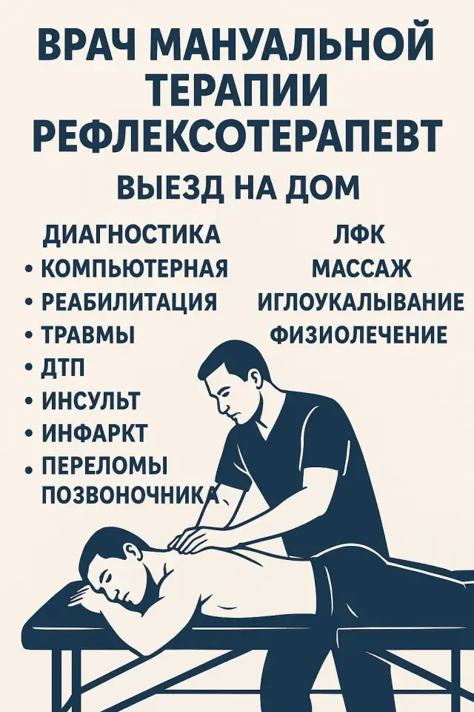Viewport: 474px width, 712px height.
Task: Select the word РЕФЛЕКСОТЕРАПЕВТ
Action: click(x=237, y=136)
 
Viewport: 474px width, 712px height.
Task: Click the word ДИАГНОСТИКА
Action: click(x=132, y=234)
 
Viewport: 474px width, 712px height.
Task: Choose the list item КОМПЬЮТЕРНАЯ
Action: click(x=134, y=268)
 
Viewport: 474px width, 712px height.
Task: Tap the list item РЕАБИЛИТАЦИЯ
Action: click(x=129, y=303)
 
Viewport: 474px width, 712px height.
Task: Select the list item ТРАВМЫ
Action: click(x=87, y=335)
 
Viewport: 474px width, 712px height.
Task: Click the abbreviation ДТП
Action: click(x=64, y=368)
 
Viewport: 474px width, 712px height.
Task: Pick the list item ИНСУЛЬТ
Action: click(x=90, y=400)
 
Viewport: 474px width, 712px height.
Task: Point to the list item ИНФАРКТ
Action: click(x=94, y=433)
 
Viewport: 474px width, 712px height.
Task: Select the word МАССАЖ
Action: click(x=361, y=268)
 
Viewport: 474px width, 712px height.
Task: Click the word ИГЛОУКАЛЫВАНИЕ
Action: click(x=361, y=303)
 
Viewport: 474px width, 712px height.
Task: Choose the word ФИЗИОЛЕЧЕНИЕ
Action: click(x=359, y=335)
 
